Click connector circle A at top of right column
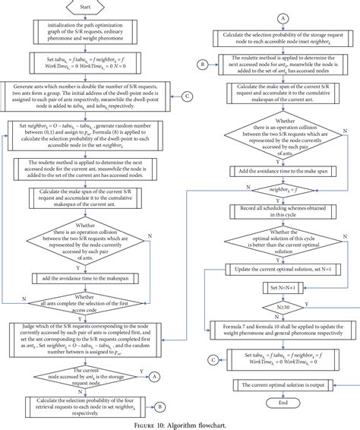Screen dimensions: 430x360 [283, 16]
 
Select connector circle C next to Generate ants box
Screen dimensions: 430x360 [187, 96]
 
